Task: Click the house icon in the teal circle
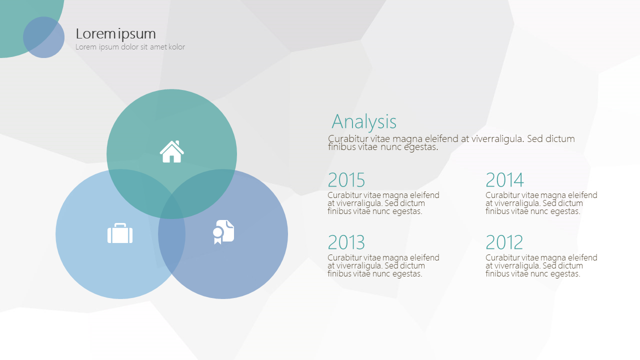click(x=171, y=151)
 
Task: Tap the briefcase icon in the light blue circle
click(x=120, y=233)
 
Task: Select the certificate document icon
click(x=223, y=232)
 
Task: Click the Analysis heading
click(x=364, y=122)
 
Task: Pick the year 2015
click(x=346, y=179)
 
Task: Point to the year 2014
click(x=504, y=179)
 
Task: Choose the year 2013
click(x=346, y=242)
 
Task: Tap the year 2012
click(x=504, y=242)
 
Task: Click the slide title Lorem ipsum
click(x=115, y=34)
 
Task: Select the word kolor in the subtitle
click(x=176, y=47)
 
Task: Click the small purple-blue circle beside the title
click(x=43, y=37)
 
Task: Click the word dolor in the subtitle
click(x=129, y=47)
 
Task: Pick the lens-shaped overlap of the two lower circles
click(x=171, y=234)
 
